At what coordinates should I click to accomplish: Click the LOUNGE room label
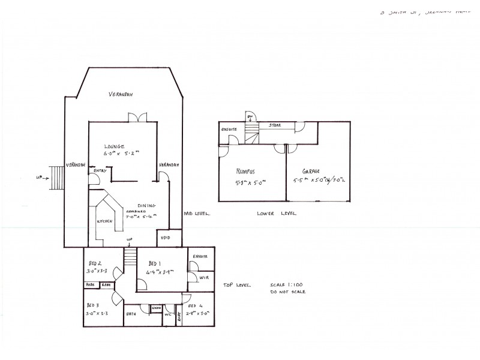point(113,146)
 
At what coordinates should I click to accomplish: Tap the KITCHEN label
point(105,221)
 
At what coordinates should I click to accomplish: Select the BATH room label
point(130,313)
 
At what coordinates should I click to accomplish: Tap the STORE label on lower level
point(275,125)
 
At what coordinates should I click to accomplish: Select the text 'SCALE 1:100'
point(287,285)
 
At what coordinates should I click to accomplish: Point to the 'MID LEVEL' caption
point(197,213)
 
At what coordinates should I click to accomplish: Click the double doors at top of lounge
point(139,116)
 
